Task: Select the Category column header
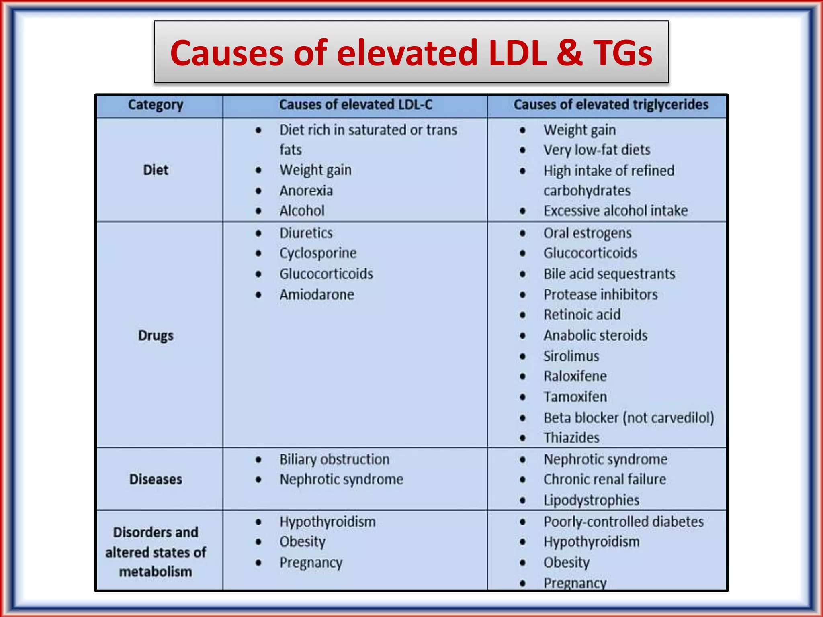156,105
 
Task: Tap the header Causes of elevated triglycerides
611,105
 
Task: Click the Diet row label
156,170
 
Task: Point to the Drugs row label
156,335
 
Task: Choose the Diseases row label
156,479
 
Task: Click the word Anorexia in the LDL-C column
306,191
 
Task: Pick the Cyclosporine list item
318,253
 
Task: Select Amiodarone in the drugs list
317,295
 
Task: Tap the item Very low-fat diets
597,150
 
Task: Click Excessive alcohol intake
615,211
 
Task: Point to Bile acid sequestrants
609,274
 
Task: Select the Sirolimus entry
571,356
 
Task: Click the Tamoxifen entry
575,397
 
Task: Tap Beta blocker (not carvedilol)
629,418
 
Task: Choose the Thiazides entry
571,438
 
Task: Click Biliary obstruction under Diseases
334,460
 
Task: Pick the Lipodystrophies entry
591,500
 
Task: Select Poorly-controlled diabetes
623,522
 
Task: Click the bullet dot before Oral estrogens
522,233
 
